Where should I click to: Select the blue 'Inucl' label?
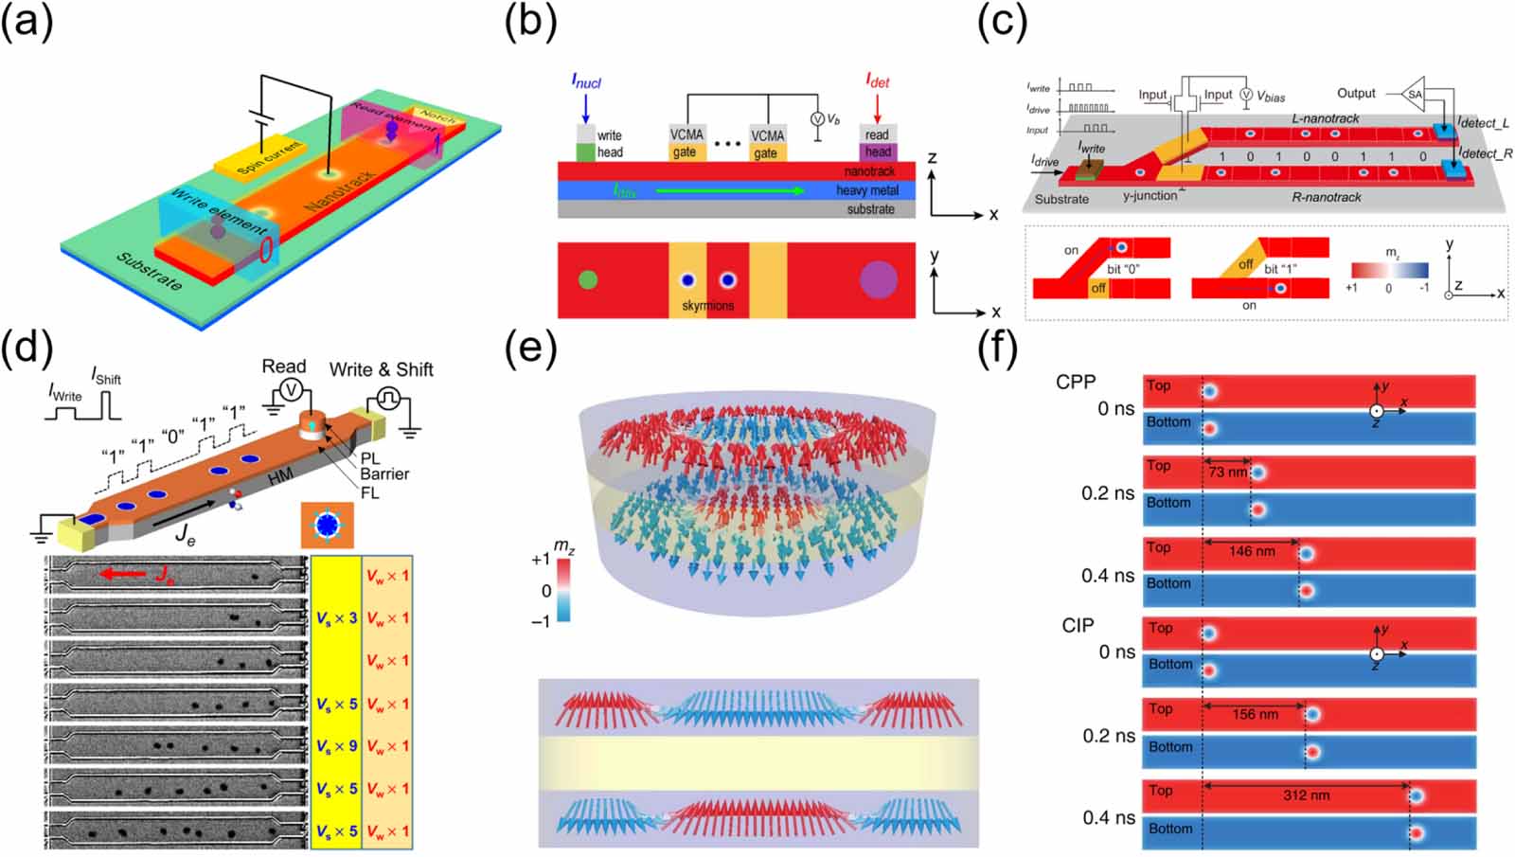pyautogui.click(x=586, y=81)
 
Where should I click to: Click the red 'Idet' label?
pyautogui.click(x=877, y=81)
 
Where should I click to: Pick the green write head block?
pyautogui.click(x=586, y=152)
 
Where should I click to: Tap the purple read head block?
pyautogui.click(x=877, y=152)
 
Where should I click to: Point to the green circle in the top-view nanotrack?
pyautogui.click(x=588, y=280)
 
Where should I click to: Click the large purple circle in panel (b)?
pyautogui.click(x=878, y=280)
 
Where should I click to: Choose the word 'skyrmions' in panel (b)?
pyautogui.click(x=708, y=306)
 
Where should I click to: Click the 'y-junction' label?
pyautogui.click(x=1150, y=196)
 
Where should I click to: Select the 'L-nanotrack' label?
pyautogui.click(x=1325, y=118)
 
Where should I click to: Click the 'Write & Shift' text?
pyautogui.click(x=381, y=369)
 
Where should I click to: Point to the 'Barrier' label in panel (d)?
pyautogui.click(x=384, y=474)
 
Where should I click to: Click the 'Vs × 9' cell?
pyautogui.click(x=336, y=746)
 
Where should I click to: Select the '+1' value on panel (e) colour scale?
pyautogui.click(x=540, y=560)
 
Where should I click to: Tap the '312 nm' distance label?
pyautogui.click(x=1306, y=795)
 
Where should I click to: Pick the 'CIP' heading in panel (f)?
pyautogui.click(x=1078, y=626)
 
